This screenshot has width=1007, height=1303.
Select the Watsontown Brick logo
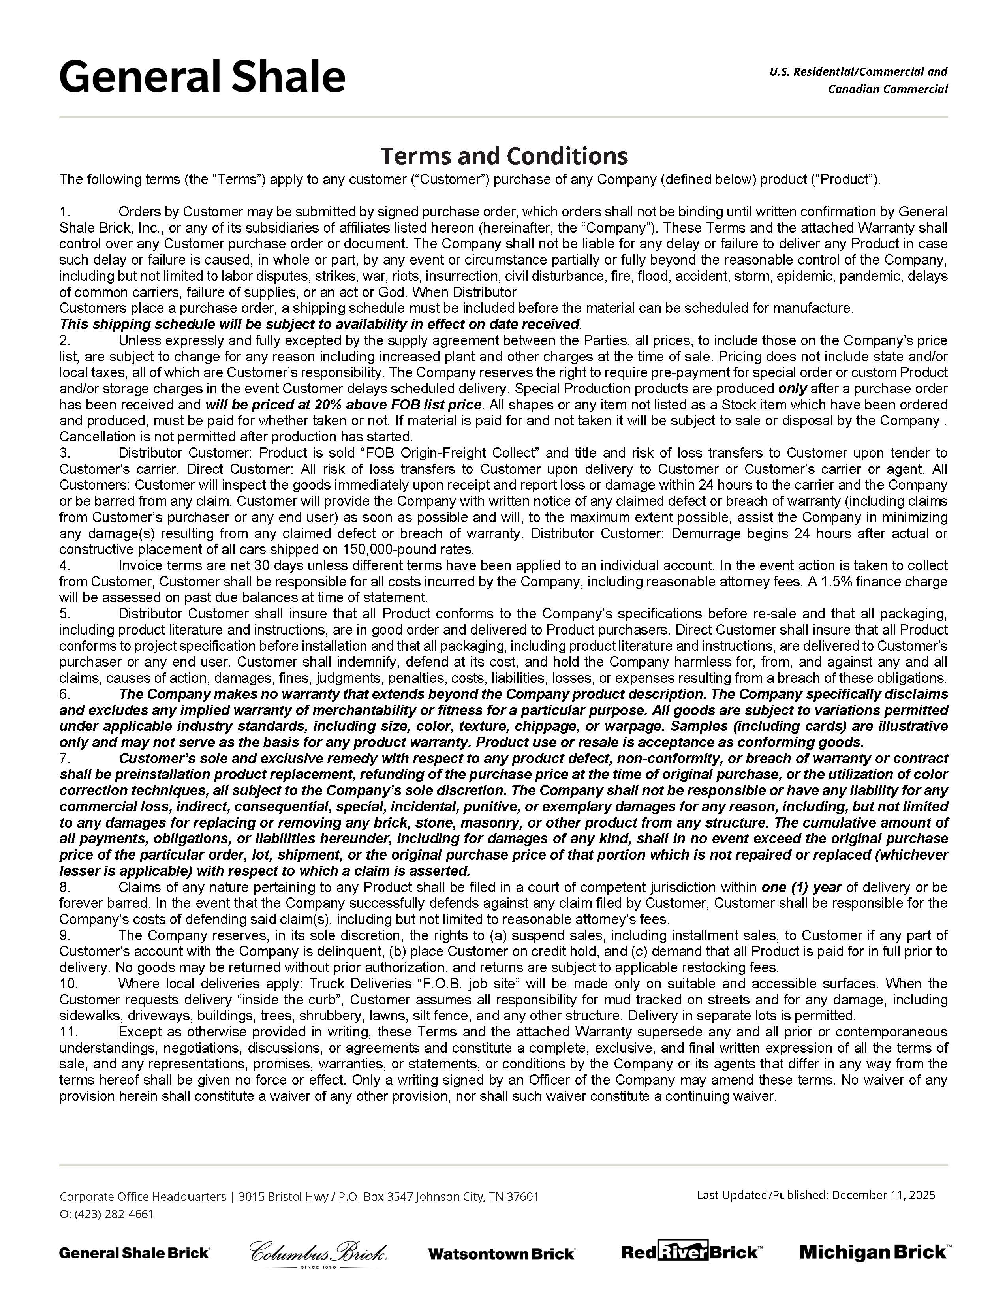pos(501,1254)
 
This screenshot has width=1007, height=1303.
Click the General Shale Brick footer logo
pos(134,1252)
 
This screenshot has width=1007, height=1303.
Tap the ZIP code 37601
pos(522,1196)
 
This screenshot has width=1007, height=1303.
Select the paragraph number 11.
pos(68,1032)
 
